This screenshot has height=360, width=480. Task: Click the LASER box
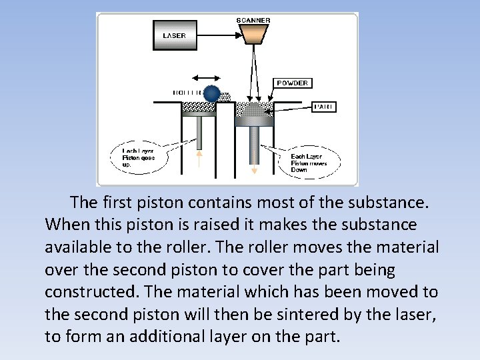[x=175, y=35]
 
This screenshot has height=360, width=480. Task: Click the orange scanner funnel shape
[x=253, y=35]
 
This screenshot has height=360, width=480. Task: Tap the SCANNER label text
[x=253, y=20]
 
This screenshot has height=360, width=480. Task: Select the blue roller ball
[x=212, y=94]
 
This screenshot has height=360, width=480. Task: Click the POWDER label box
[x=292, y=83]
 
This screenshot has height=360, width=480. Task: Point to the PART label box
[x=325, y=107]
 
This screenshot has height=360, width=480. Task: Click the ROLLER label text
[x=187, y=93]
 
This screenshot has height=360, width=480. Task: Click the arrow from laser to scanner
[x=217, y=35]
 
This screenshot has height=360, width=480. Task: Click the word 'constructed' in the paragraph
[x=82, y=292]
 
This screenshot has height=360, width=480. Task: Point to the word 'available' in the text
[x=79, y=247]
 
